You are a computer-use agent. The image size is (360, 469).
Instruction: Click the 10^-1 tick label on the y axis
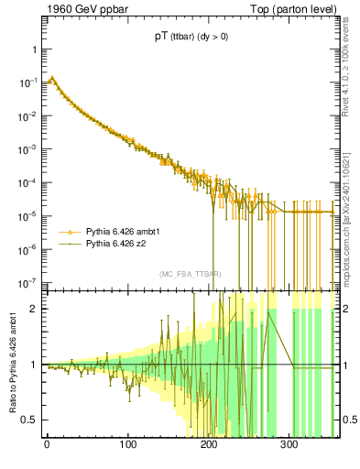tap(27, 82)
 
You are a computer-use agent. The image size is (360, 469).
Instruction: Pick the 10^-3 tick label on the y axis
tap(27, 148)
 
